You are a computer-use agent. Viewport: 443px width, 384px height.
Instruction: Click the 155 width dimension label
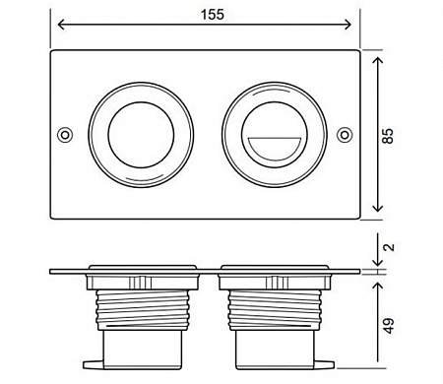(213, 15)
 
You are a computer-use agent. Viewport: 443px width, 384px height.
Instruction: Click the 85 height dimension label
(387, 136)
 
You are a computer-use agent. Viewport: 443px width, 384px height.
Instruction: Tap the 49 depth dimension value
(389, 325)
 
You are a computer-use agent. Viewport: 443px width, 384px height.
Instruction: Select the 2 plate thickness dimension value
(389, 247)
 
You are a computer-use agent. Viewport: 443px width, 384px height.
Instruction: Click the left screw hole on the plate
(65, 135)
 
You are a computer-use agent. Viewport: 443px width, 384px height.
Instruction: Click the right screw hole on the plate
(344, 135)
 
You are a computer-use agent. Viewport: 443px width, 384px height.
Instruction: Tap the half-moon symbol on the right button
(275, 149)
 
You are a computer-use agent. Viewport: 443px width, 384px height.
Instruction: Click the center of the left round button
(141, 135)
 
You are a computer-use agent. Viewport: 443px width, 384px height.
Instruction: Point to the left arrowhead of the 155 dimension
(60, 25)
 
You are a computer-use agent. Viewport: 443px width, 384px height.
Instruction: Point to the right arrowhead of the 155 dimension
(348, 25)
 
